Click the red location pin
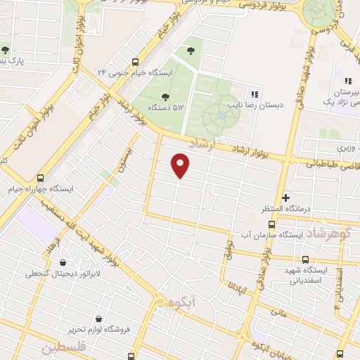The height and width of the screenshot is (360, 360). (x=181, y=166)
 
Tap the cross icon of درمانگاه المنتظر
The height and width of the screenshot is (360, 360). (x=285, y=198)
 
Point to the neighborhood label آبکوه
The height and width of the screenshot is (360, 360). (x=181, y=302)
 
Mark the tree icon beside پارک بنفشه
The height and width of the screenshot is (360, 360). (x=5, y=50)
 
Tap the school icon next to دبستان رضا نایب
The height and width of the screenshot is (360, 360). (x=255, y=94)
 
